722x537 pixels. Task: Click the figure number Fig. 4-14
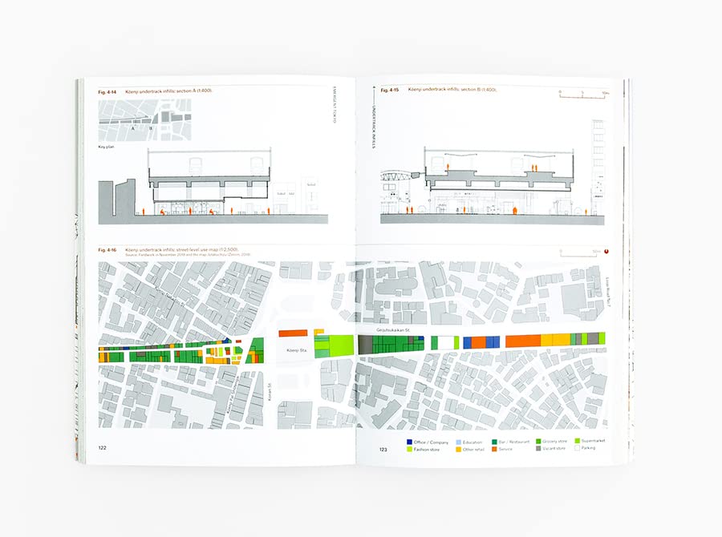tap(107, 91)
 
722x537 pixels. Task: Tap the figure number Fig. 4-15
tap(390, 91)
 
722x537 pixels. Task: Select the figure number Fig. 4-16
tap(107, 250)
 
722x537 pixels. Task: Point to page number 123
tap(383, 450)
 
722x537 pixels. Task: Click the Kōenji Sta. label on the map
tap(293, 350)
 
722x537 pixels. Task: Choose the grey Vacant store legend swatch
tap(537, 449)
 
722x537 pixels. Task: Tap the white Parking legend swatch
tap(576, 449)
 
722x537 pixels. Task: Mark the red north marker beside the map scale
tap(607, 250)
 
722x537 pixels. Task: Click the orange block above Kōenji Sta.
tap(293, 332)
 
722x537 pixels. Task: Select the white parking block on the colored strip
tap(444, 342)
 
